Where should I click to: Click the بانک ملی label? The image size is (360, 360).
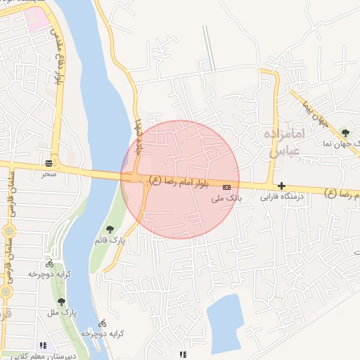pos(227,199)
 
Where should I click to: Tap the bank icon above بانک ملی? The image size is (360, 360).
pos(226,188)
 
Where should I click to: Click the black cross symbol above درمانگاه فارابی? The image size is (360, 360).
pos(282,186)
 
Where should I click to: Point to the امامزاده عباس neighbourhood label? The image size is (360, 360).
pos(284,141)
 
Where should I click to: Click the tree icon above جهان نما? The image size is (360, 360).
pos(345,131)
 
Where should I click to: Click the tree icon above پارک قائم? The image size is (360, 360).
pos(109,229)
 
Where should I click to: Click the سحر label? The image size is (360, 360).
pos(48,173)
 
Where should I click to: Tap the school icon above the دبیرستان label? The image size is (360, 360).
pos(43,346)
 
